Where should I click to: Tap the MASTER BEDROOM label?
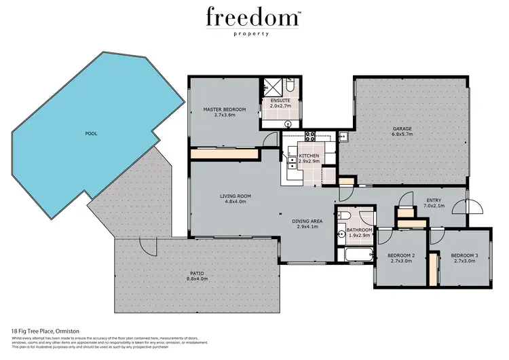point(225,109)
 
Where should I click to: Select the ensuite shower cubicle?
point(271,88)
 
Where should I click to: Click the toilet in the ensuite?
point(290,88)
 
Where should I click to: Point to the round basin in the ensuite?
point(288,124)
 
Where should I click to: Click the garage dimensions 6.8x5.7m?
point(402,134)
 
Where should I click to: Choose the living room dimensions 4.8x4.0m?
point(235,202)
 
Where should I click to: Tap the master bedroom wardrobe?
point(225,154)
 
